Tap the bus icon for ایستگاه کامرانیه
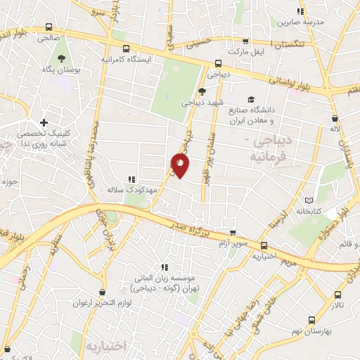coord(126,49)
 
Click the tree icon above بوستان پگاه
coord(61,59)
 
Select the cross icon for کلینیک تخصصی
coord(44,123)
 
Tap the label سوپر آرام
coord(236,244)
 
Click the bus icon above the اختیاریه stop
coord(264,246)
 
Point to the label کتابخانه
coord(309,210)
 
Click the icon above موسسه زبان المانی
coord(165,267)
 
